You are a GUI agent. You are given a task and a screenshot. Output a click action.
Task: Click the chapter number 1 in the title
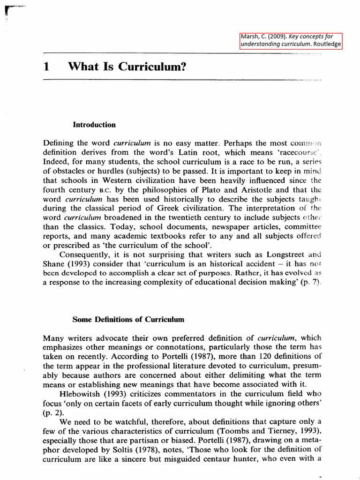[46, 67]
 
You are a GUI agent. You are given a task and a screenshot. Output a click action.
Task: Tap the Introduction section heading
[94, 125]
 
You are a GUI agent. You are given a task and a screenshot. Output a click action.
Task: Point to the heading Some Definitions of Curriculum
[128, 320]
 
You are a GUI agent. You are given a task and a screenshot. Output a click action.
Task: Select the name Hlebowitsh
[81, 394]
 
